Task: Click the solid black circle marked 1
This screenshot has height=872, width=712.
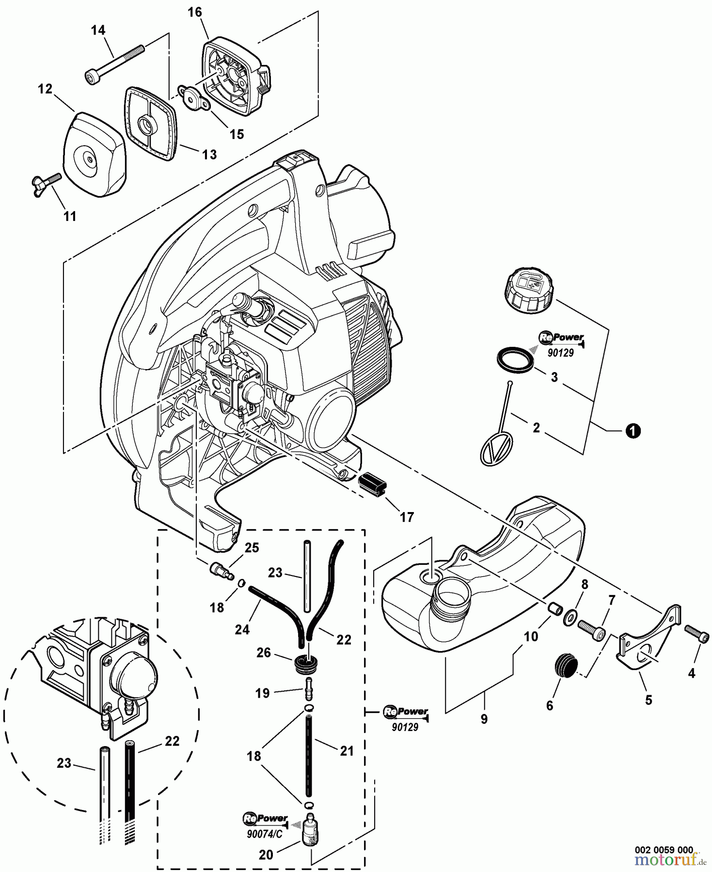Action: coord(633,430)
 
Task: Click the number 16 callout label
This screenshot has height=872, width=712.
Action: coord(195,12)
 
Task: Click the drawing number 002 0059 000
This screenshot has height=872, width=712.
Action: coord(664,849)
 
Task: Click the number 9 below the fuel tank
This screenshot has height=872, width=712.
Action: coord(484,719)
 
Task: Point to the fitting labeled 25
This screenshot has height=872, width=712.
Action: coord(221,569)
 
